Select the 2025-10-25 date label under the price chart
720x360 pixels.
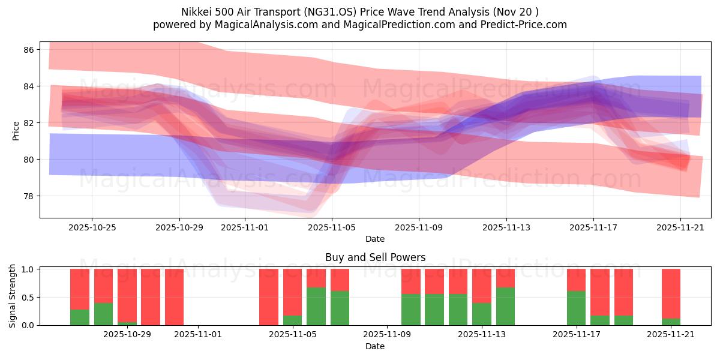click(x=92, y=227)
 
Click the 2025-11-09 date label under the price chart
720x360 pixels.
click(x=419, y=227)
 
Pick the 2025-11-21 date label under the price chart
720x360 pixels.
click(x=680, y=227)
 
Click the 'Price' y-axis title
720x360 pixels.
click(x=16, y=131)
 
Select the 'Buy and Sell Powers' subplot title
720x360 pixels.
click(x=375, y=257)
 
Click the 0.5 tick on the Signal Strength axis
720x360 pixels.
click(x=28, y=298)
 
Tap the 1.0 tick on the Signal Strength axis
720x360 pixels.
click(x=28, y=269)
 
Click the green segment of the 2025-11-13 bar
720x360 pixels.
click(x=505, y=306)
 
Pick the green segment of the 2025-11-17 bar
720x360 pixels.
click(x=576, y=308)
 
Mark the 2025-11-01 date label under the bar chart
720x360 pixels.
click(x=198, y=335)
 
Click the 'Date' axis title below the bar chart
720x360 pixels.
click(x=375, y=346)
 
